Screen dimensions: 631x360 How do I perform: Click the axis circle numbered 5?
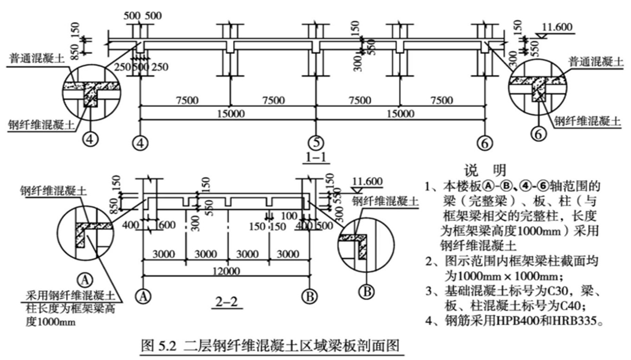316,143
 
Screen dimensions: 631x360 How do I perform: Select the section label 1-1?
316,157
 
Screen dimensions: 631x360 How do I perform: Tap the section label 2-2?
227,302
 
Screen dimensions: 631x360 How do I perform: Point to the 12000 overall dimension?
226,271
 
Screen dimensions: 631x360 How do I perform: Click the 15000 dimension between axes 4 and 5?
231,114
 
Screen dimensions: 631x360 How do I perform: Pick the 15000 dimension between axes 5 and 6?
400,114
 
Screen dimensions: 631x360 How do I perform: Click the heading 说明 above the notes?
486,170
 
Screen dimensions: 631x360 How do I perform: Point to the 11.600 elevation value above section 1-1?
557,27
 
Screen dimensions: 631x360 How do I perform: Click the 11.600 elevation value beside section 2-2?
367,181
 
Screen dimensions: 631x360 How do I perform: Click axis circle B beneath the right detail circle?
367,291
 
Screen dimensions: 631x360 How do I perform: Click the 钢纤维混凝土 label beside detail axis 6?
587,121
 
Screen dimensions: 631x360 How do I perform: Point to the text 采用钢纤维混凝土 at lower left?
70,296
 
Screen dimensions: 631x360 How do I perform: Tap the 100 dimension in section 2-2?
288,217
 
